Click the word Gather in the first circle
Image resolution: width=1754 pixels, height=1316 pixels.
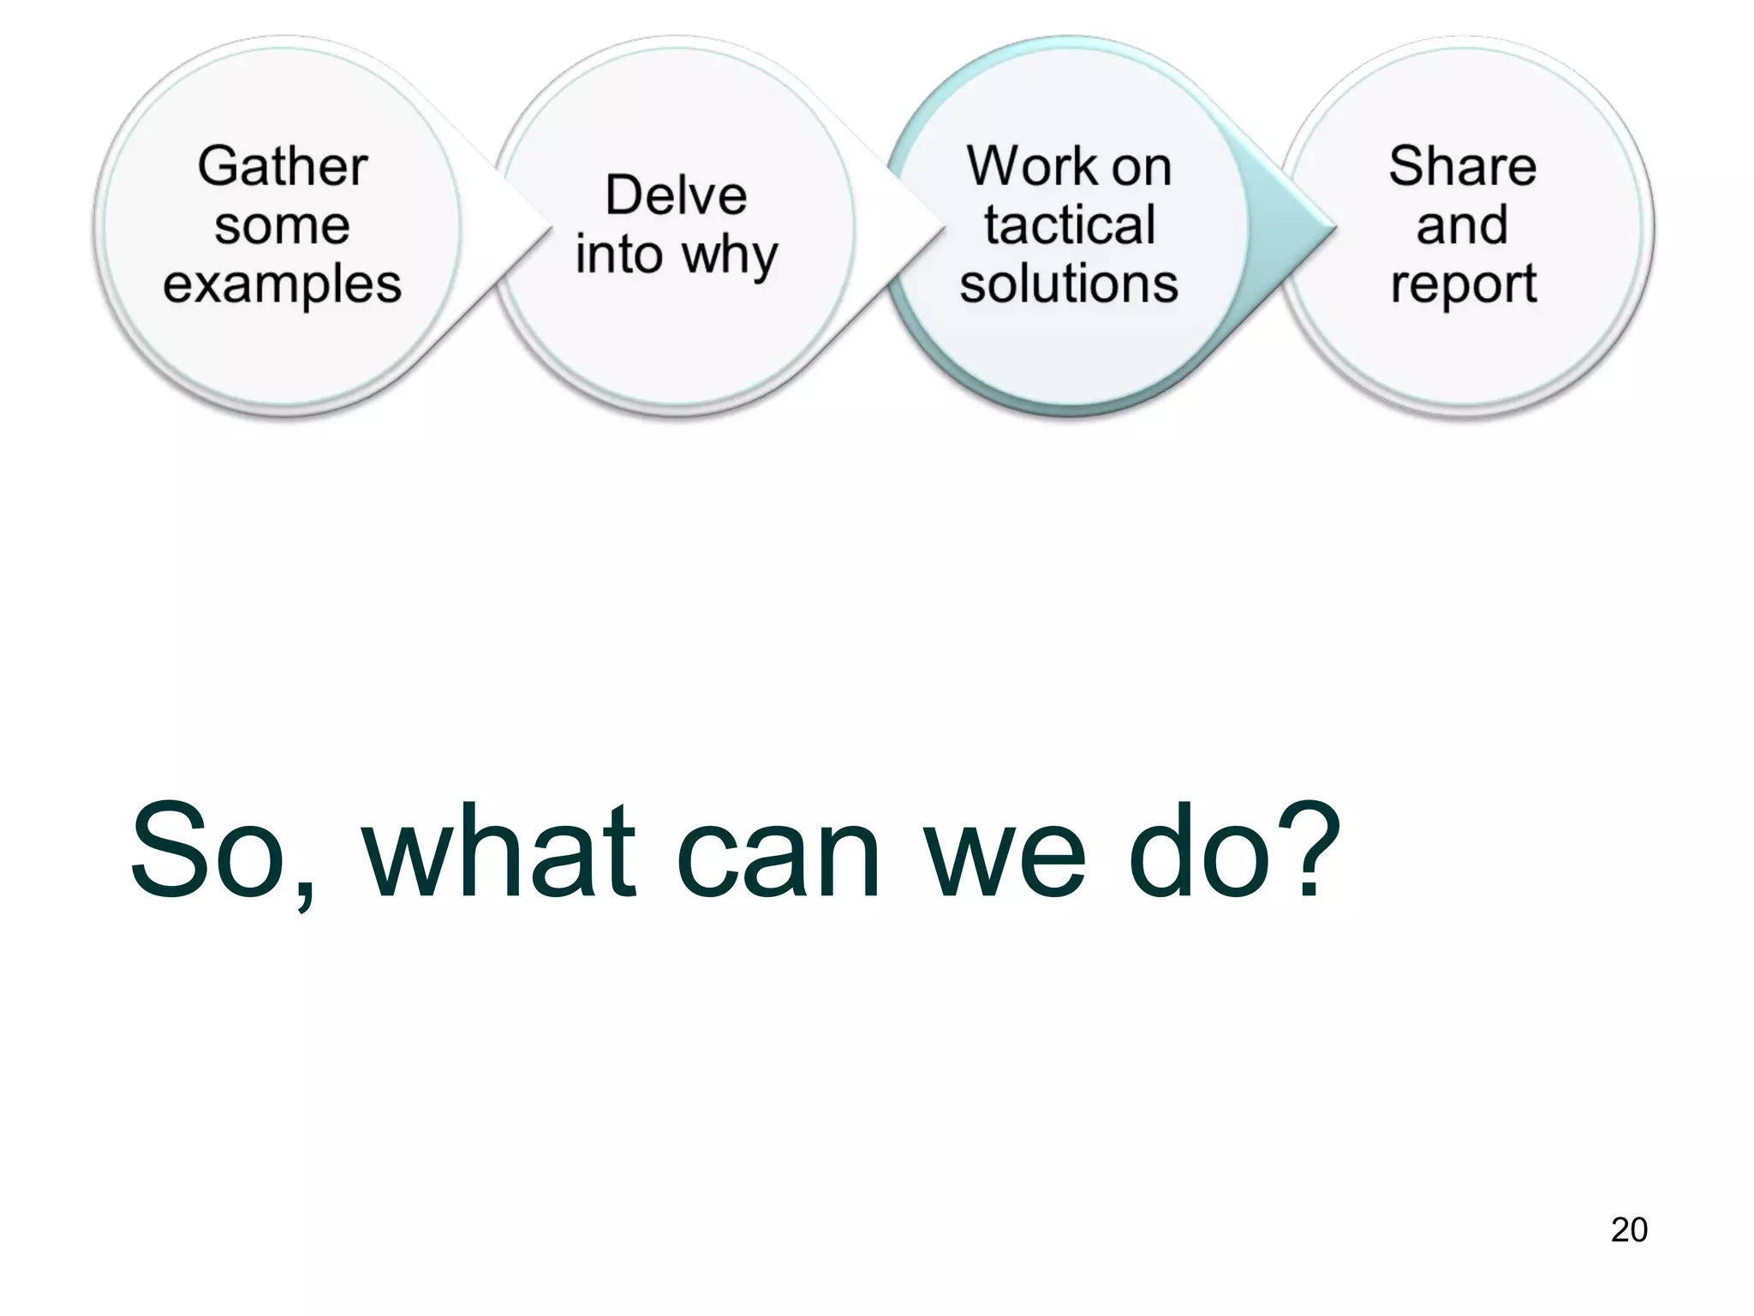pyautogui.click(x=282, y=166)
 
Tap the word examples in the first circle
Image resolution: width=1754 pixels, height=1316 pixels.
pyautogui.click(x=282, y=284)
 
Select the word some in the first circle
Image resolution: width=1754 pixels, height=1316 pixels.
pyautogui.click(x=282, y=226)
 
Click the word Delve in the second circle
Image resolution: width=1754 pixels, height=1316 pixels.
pyautogui.click(x=676, y=195)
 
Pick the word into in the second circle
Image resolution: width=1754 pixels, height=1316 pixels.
pyautogui.click(x=619, y=254)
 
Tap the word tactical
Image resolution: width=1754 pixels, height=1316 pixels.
pyautogui.click(x=1069, y=225)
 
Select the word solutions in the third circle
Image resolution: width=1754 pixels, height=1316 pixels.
pyautogui.click(x=1069, y=284)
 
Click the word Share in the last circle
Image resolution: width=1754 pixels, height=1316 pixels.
pyautogui.click(x=1462, y=166)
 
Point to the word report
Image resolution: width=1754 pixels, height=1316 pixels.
pyautogui.click(x=1463, y=285)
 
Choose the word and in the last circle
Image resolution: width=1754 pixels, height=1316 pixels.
pyautogui.click(x=1462, y=225)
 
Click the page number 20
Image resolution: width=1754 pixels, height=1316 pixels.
pyautogui.click(x=1628, y=1229)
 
